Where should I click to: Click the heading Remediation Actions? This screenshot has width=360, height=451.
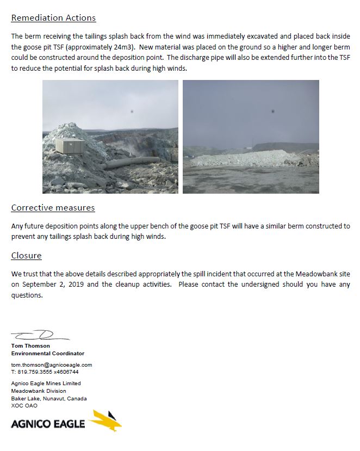coord(53,18)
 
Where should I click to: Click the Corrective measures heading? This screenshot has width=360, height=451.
coord(53,208)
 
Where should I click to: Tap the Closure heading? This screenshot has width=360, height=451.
coord(26,256)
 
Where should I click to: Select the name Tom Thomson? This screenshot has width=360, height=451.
coord(30,345)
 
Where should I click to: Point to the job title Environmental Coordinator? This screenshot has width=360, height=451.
coord(48,354)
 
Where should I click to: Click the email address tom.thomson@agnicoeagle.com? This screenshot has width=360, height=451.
coord(52,364)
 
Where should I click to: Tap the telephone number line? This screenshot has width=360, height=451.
coord(45,372)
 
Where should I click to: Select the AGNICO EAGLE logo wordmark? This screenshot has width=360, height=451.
coord(48,423)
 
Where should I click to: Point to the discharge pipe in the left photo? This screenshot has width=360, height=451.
coord(131,163)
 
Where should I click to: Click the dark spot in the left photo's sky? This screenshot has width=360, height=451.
coord(132,112)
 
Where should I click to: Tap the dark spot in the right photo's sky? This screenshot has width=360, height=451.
coord(272,112)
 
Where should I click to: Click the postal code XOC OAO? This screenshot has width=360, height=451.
coord(24,406)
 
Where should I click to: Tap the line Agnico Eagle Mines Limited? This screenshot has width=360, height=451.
coord(46,384)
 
